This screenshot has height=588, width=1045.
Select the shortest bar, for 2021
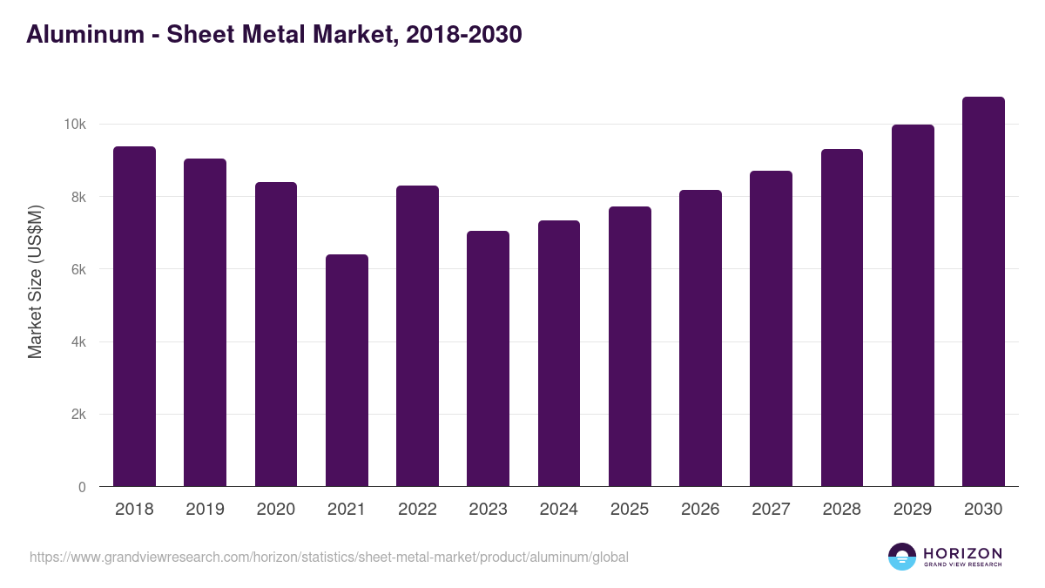pos(347,370)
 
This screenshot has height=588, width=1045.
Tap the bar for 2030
pos(983,292)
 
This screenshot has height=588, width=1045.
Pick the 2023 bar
pos(488,359)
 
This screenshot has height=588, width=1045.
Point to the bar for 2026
pos(700,338)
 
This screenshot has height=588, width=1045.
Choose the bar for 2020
pos(276,335)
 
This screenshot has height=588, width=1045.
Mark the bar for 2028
pos(842,318)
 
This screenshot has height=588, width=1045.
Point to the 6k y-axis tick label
pos(78,270)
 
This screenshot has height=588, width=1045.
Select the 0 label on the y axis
pos(82,488)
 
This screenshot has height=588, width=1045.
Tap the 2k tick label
pos(78,415)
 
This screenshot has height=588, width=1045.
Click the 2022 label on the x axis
pos(417,510)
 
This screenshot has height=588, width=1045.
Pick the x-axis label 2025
pos(630,510)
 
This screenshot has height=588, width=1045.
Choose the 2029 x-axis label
pos(913,510)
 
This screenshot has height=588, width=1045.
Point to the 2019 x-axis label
pos(205,510)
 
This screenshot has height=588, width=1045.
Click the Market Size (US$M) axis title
pos(35,282)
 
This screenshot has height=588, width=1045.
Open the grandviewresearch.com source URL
pos(328,557)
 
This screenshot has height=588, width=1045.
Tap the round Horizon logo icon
pos(902,557)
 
